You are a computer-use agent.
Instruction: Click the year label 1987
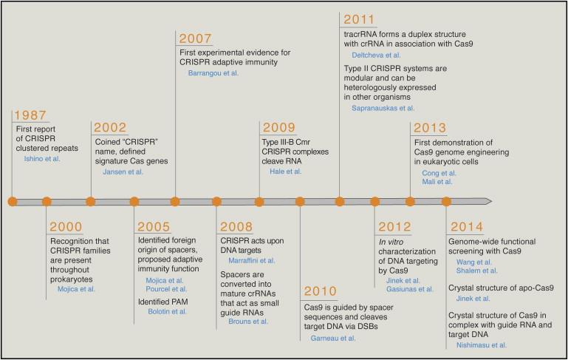pos(30,115)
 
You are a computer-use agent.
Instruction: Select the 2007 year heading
pos(195,38)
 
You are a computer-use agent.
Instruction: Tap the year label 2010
pos(321,291)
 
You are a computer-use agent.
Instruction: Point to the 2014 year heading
pos(467,227)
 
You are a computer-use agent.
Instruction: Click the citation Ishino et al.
pos(42,159)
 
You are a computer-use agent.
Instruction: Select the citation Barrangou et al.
pos(213,73)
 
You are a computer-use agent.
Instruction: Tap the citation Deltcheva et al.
pos(376,55)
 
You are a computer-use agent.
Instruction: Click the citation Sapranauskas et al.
pos(383,108)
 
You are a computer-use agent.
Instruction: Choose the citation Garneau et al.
pos(333,339)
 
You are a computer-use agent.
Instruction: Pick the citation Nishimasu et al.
pos(481,345)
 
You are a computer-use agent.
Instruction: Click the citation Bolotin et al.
pos(167,311)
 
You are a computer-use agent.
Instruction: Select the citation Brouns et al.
pos(248,322)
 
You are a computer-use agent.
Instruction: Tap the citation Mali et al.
pos(437,182)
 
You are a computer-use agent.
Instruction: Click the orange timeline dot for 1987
pos(13,202)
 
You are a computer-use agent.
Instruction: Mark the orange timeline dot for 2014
pos(446,202)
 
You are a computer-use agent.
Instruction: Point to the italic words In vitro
pos(391,242)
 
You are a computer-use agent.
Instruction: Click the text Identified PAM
pos(162,302)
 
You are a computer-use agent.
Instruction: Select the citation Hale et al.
pos(285,171)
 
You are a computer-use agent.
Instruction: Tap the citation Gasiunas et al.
pos(410,289)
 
